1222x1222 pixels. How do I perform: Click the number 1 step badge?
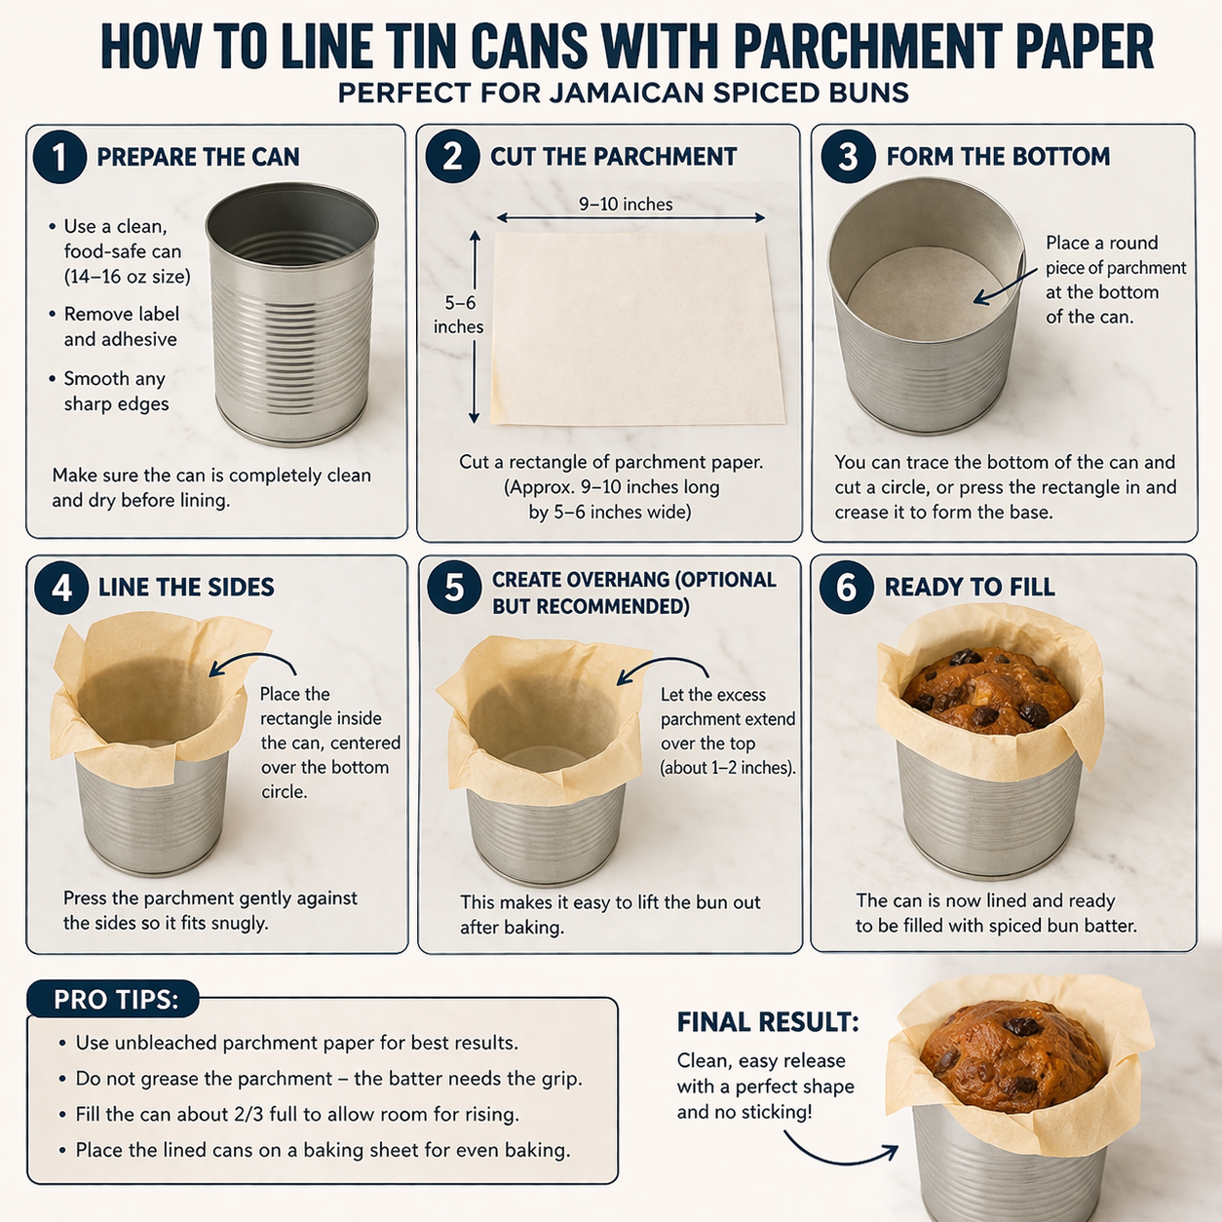pos(59,157)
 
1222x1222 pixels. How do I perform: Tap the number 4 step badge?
pos(60,588)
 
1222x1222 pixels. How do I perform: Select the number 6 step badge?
pos(847,588)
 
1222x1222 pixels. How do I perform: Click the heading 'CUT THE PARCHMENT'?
pos(613,157)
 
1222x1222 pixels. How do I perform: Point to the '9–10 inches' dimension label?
pos(626,205)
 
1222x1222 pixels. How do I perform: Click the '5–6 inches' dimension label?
pos(458,315)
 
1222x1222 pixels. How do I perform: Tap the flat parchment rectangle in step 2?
pos(637,328)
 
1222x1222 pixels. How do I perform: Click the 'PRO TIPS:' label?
pos(115,1000)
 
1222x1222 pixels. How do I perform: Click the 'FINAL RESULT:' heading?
pos(768,1021)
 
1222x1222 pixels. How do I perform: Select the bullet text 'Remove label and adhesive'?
pos(121,326)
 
